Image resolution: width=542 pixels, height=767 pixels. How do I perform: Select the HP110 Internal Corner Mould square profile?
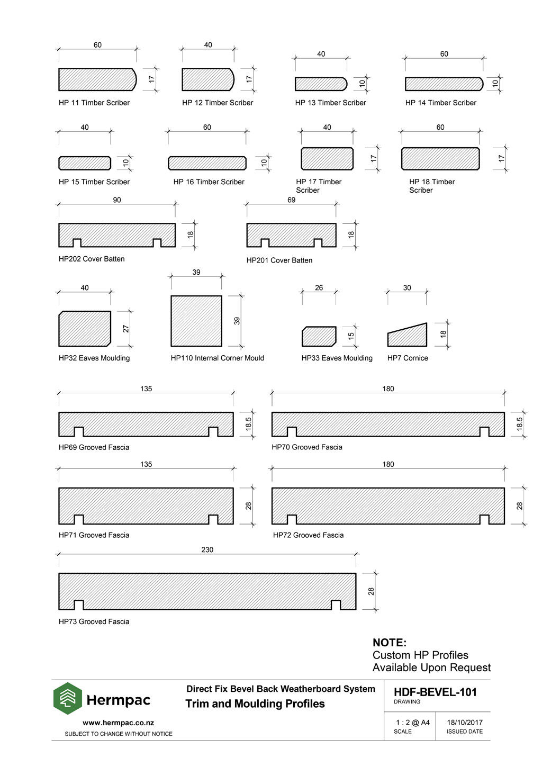(196, 321)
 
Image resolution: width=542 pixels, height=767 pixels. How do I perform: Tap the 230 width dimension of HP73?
(207, 549)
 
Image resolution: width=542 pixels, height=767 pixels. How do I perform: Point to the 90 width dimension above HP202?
(117, 200)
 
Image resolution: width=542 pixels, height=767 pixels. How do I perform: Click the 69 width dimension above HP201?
(291, 200)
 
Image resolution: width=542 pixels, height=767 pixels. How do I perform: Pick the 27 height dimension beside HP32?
(125, 329)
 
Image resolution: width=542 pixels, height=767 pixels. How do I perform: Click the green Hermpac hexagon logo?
(67, 698)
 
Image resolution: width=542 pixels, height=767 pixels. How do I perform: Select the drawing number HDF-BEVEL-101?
(435, 692)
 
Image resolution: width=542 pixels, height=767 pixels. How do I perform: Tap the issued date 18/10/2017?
(464, 723)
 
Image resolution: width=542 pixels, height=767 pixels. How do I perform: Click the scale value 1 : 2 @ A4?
(412, 723)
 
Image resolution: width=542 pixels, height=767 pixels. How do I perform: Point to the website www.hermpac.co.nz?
(118, 723)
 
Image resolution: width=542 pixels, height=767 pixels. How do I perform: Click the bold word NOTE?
(389, 643)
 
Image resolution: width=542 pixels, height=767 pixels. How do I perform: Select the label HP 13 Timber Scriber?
(330, 103)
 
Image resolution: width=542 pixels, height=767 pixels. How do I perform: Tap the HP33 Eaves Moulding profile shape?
(319, 336)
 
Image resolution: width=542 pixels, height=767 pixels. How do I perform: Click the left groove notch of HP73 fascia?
(79, 604)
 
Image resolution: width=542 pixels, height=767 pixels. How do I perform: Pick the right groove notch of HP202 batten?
(157, 243)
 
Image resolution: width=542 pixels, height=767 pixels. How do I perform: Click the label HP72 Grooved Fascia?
(308, 535)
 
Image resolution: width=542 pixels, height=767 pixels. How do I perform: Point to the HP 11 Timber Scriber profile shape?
(97, 79)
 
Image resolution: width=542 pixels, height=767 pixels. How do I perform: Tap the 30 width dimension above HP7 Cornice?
(406, 287)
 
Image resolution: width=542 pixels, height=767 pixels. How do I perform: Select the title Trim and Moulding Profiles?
(255, 703)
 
